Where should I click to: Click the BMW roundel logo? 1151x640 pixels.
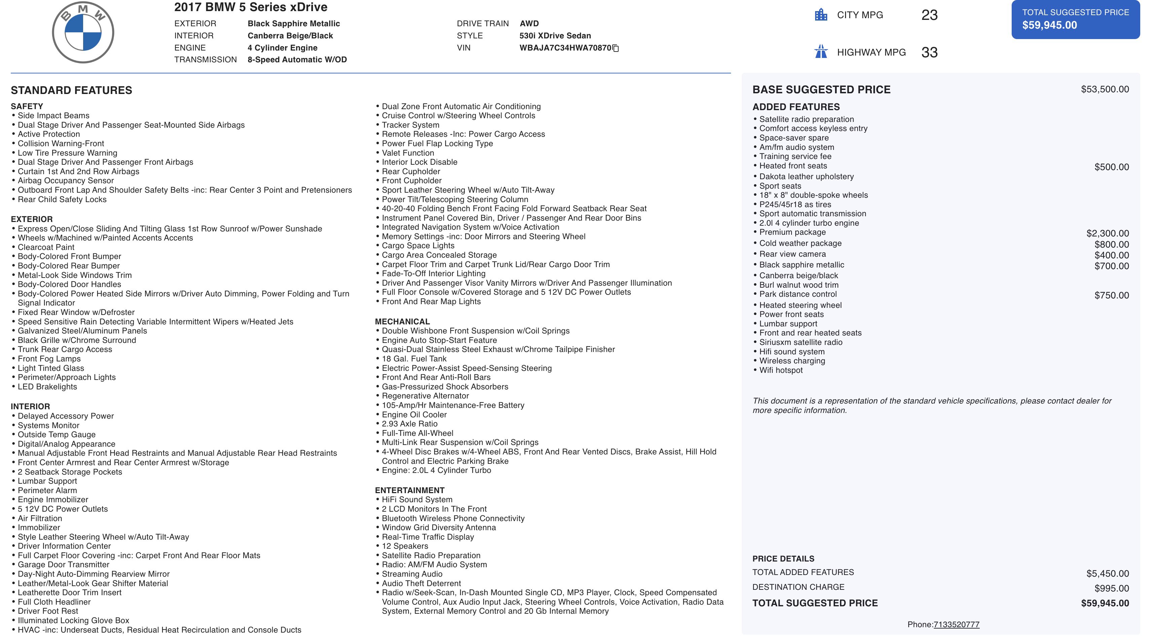pos(83,32)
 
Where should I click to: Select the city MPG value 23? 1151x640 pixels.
pos(929,15)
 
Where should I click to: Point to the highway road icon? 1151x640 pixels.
pos(821,52)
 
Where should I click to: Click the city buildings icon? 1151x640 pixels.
pos(821,15)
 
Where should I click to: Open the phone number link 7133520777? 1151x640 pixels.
pos(956,625)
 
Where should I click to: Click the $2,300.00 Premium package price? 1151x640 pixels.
pos(1107,233)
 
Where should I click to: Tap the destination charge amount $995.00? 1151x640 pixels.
pos(1111,588)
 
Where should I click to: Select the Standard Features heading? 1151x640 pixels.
pos(71,90)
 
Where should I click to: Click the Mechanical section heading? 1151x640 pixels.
pos(402,322)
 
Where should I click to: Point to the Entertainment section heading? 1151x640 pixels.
pos(409,490)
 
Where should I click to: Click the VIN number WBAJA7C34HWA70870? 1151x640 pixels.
pos(565,48)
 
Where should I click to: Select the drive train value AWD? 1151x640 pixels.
pos(529,24)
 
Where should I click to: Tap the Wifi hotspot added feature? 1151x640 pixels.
pos(780,370)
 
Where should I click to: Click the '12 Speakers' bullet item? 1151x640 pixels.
pos(405,546)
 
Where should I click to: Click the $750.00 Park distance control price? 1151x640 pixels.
pos(1111,295)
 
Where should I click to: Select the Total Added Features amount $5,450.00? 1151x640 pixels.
pos(1107,573)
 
